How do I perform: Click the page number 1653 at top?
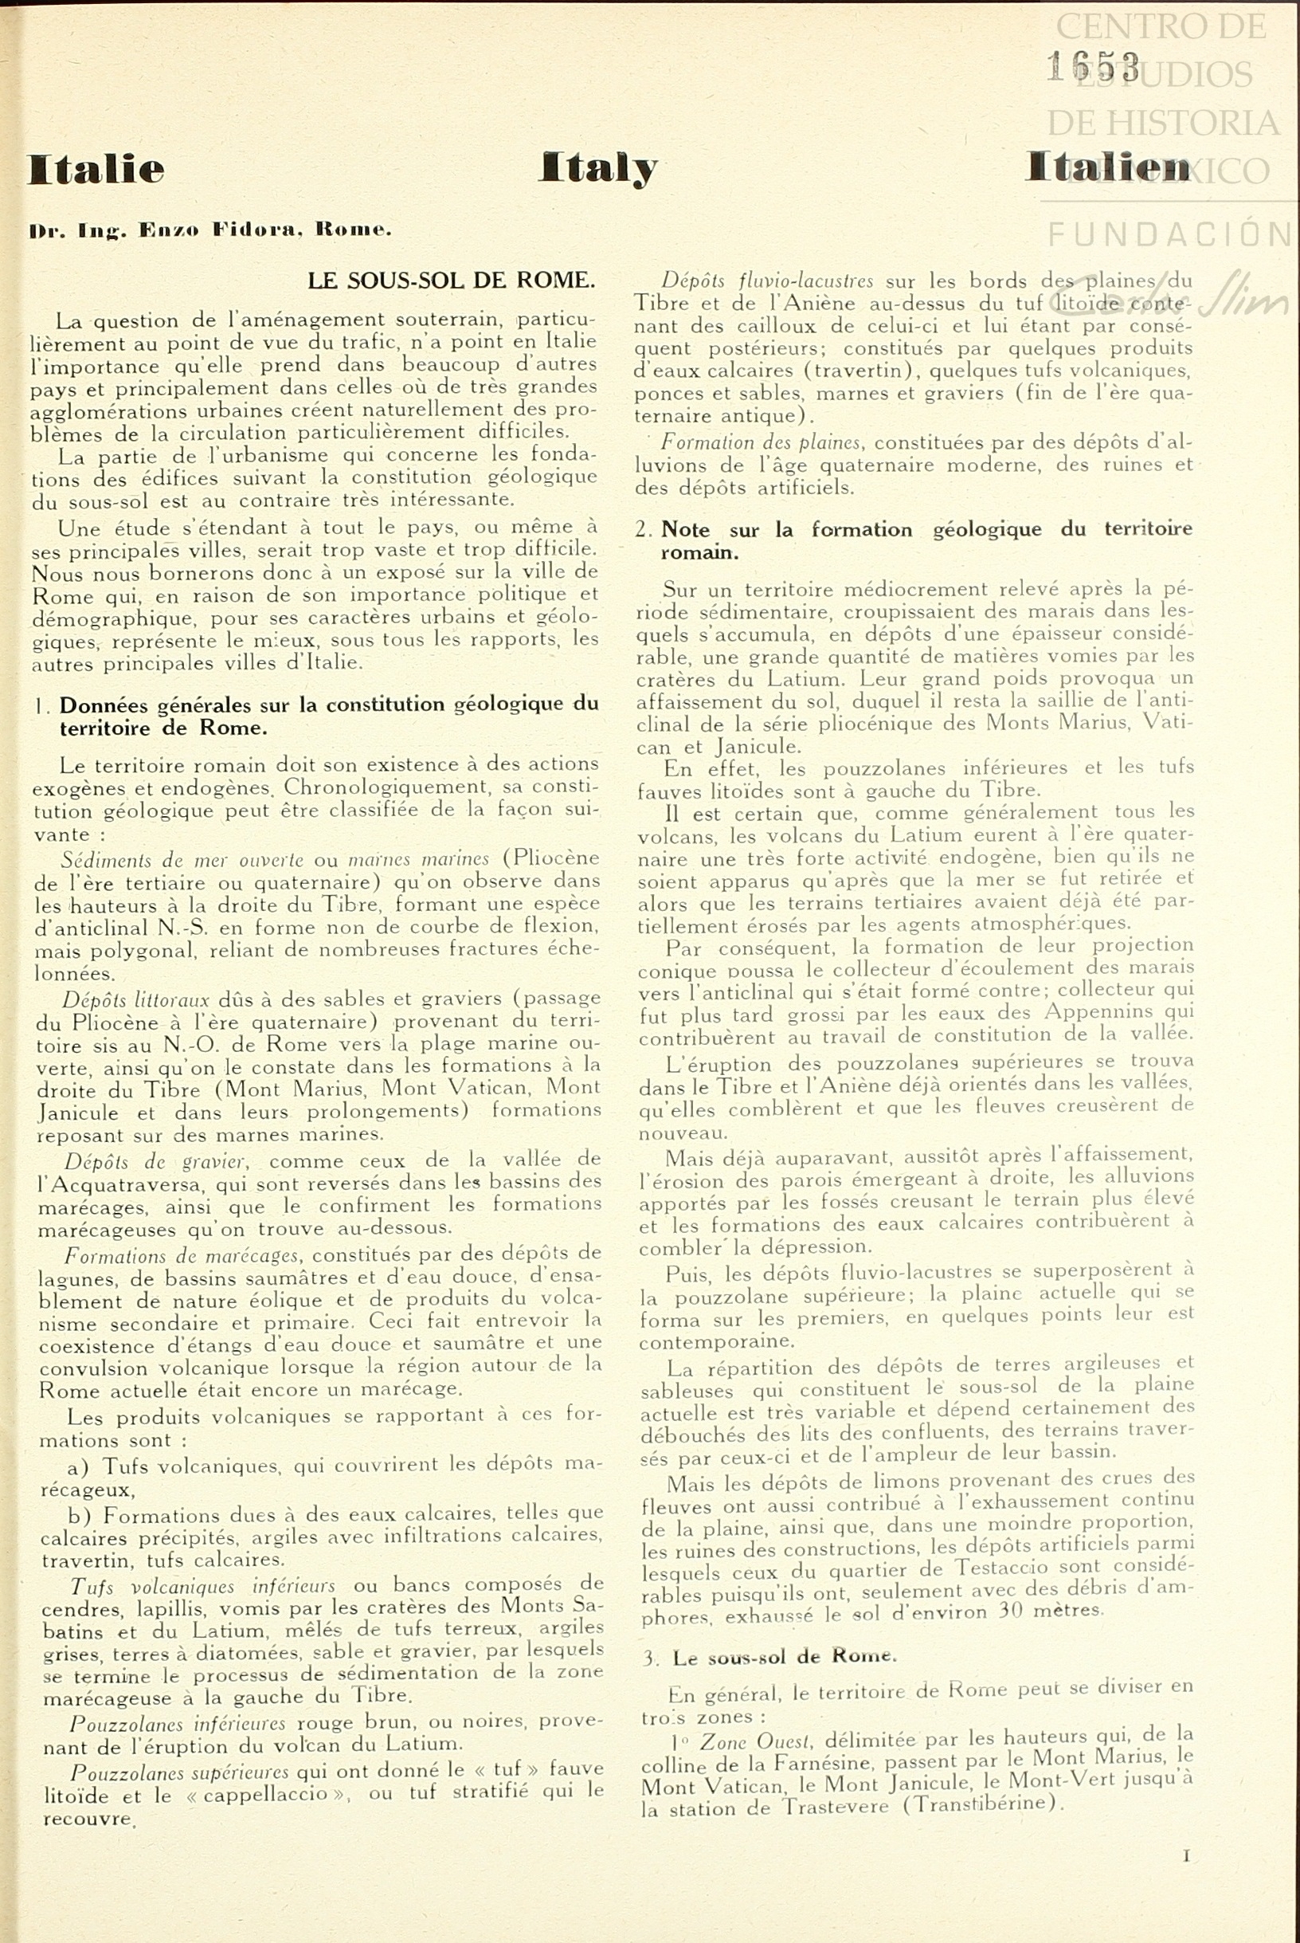pos(1093,66)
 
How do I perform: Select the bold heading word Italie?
pos(96,169)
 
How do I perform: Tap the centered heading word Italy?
pos(597,168)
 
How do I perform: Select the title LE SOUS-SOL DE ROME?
pos(451,281)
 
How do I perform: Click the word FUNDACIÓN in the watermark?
pos(1170,234)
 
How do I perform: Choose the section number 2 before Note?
pos(643,530)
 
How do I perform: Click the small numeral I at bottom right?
pos(1186,1856)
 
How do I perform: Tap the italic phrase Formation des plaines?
pos(762,443)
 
